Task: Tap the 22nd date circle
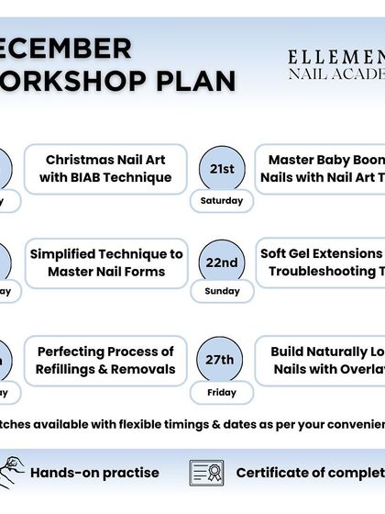pos(222,263)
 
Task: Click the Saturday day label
pos(222,200)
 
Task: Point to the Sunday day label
pos(222,291)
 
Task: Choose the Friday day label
pos(222,392)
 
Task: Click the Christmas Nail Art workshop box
pos(106,169)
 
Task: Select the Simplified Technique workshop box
pos(106,263)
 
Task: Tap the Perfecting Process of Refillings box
pos(106,361)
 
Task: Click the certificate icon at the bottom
pos(206,473)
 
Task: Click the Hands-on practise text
pos(94,474)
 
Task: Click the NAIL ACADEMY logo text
pos(335,73)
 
